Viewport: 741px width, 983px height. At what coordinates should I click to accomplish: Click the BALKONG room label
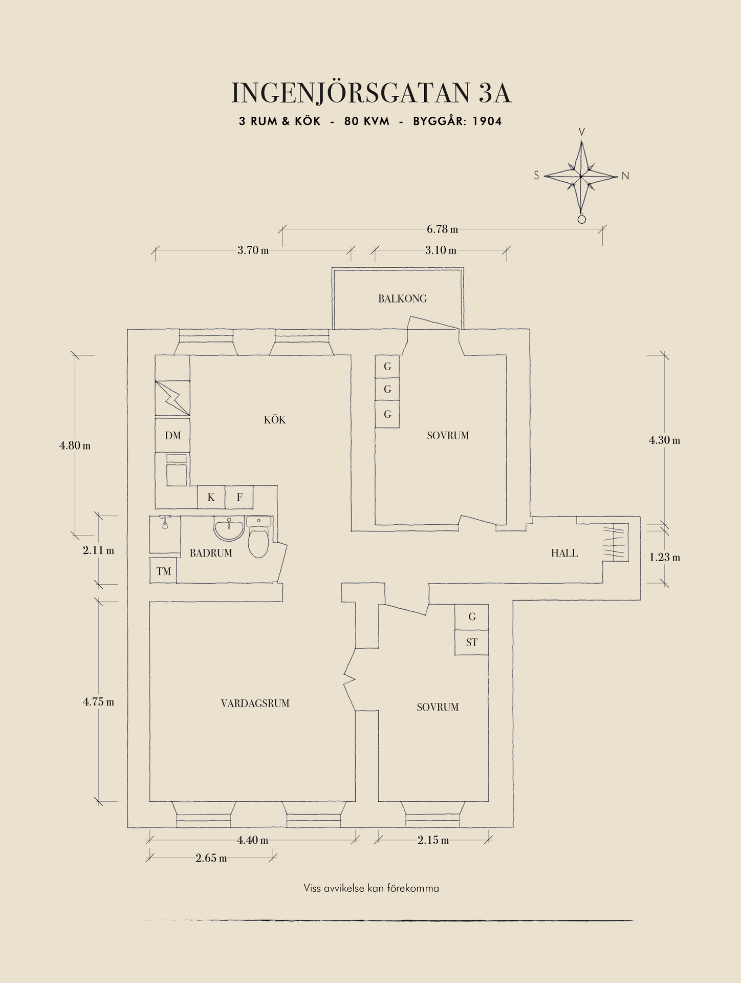(402, 298)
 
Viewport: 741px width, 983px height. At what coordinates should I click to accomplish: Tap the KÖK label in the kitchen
(275, 420)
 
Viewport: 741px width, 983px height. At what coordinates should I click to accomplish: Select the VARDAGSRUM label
(255, 703)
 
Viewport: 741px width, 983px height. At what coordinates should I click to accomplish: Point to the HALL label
(564, 553)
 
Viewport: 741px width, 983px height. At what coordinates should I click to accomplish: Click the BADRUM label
(211, 553)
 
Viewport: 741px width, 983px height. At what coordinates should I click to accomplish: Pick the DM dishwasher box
(172, 436)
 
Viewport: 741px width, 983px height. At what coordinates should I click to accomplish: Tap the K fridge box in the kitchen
(211, 497)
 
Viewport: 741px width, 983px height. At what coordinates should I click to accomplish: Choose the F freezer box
(239, 497)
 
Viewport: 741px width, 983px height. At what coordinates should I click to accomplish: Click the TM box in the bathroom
(164, 571)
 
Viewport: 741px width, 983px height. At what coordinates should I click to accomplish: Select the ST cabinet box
(471, 643)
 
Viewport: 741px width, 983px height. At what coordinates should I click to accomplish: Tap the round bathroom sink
(229, 529)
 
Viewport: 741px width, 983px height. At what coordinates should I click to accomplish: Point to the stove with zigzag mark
(172, 398)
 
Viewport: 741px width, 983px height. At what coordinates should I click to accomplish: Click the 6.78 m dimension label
(442, 229)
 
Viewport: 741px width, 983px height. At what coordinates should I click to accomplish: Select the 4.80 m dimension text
(75, 445)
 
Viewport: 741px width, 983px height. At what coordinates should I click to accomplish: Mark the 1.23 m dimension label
(665, 558)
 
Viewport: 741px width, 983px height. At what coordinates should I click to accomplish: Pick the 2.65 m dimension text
(211, 858)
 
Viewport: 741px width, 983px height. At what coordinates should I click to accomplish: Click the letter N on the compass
(625, 176)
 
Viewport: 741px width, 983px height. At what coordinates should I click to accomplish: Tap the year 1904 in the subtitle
(487, 121)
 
